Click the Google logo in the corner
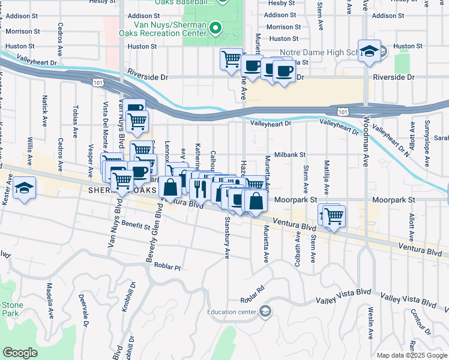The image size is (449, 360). [20, 353]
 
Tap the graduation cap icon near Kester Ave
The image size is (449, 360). [24, 188]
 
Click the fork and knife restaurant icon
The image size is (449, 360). [200, 189]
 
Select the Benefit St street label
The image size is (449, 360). [135, 226]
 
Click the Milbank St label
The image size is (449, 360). [291, 154]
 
